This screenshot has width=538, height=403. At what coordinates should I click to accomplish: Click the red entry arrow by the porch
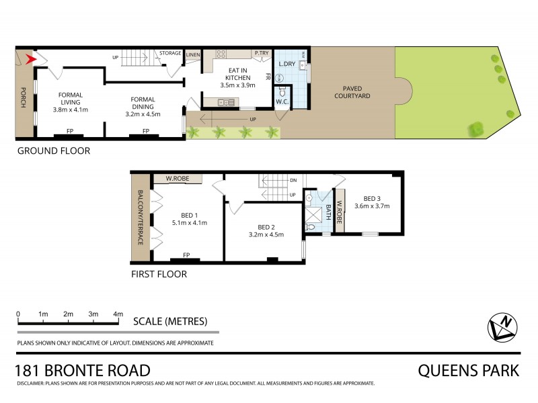[29, 59]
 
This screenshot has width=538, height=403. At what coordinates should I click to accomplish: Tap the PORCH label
[22, 98]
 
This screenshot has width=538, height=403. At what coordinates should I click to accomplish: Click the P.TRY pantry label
[261, 52]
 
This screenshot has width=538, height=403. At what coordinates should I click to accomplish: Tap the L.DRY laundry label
[288, 64]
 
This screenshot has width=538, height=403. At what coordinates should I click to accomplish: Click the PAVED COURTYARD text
[352, 91]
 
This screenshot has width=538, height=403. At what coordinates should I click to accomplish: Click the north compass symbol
[502, 327]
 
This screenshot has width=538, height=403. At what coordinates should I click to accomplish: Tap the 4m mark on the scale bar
[118, 314]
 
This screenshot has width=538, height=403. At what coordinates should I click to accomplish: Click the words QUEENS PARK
[469, 370]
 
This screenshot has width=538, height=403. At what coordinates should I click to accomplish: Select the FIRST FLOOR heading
[159, 274]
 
